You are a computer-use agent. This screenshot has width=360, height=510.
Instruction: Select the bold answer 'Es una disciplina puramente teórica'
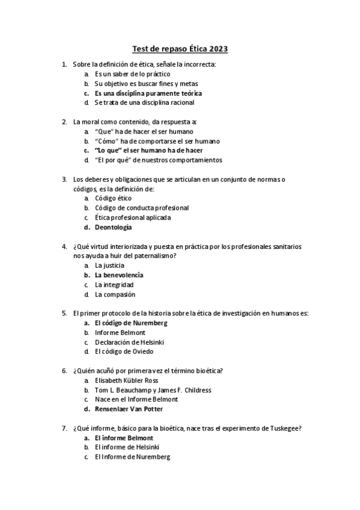coord(148,93)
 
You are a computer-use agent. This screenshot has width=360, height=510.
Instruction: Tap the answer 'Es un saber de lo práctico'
coord(127,73)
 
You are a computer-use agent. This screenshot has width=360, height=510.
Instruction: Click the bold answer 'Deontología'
coord(113,227)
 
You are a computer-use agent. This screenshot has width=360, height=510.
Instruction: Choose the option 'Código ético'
coord(113,198)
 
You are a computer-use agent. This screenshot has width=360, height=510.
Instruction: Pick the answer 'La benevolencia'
coord(119,275)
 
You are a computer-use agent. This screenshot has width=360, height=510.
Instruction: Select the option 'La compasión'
coord(115,294)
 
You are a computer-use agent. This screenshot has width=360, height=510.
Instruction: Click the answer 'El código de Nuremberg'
coord(131,322)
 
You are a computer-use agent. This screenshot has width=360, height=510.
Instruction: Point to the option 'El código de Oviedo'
coord(124,351)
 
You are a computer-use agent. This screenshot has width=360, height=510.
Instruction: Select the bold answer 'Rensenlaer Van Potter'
coord(129,409)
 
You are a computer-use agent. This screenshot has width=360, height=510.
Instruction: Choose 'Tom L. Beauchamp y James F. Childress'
coord(153,390)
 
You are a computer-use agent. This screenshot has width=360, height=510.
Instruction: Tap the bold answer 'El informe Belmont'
coord(124,438)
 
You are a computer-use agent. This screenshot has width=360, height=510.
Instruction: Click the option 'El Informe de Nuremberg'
coord(132,457)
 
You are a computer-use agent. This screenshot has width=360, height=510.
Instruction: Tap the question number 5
coord(64,313)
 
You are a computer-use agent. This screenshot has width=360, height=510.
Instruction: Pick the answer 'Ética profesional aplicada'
coord(132,217)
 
